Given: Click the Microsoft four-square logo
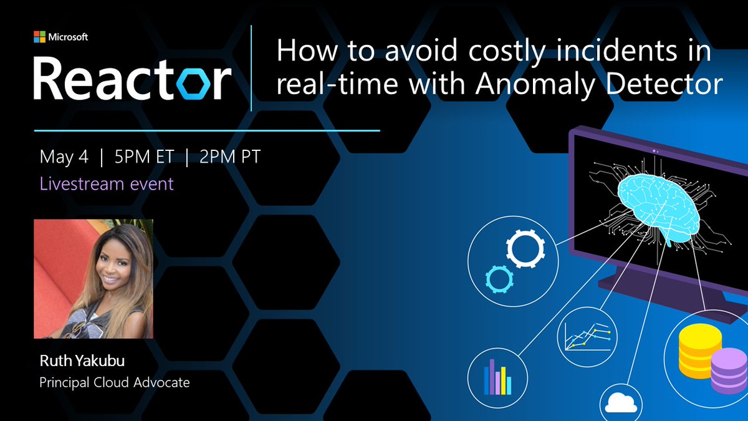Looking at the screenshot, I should click(x=40, y=37).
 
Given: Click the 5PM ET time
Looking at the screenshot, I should click(x=143, y=157).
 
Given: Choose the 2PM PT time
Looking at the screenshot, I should click(x=229, y=157).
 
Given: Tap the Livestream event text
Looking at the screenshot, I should click(x=106, y=184).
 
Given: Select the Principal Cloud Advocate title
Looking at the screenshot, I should click(x=114, y=382).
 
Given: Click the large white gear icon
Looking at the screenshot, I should click(x=525, y=248).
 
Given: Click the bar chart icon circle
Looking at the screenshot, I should click(x=497, y=377).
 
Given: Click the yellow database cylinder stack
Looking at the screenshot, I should click(x=700, y=351).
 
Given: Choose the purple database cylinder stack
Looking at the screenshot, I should click(x=729, y=370).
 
